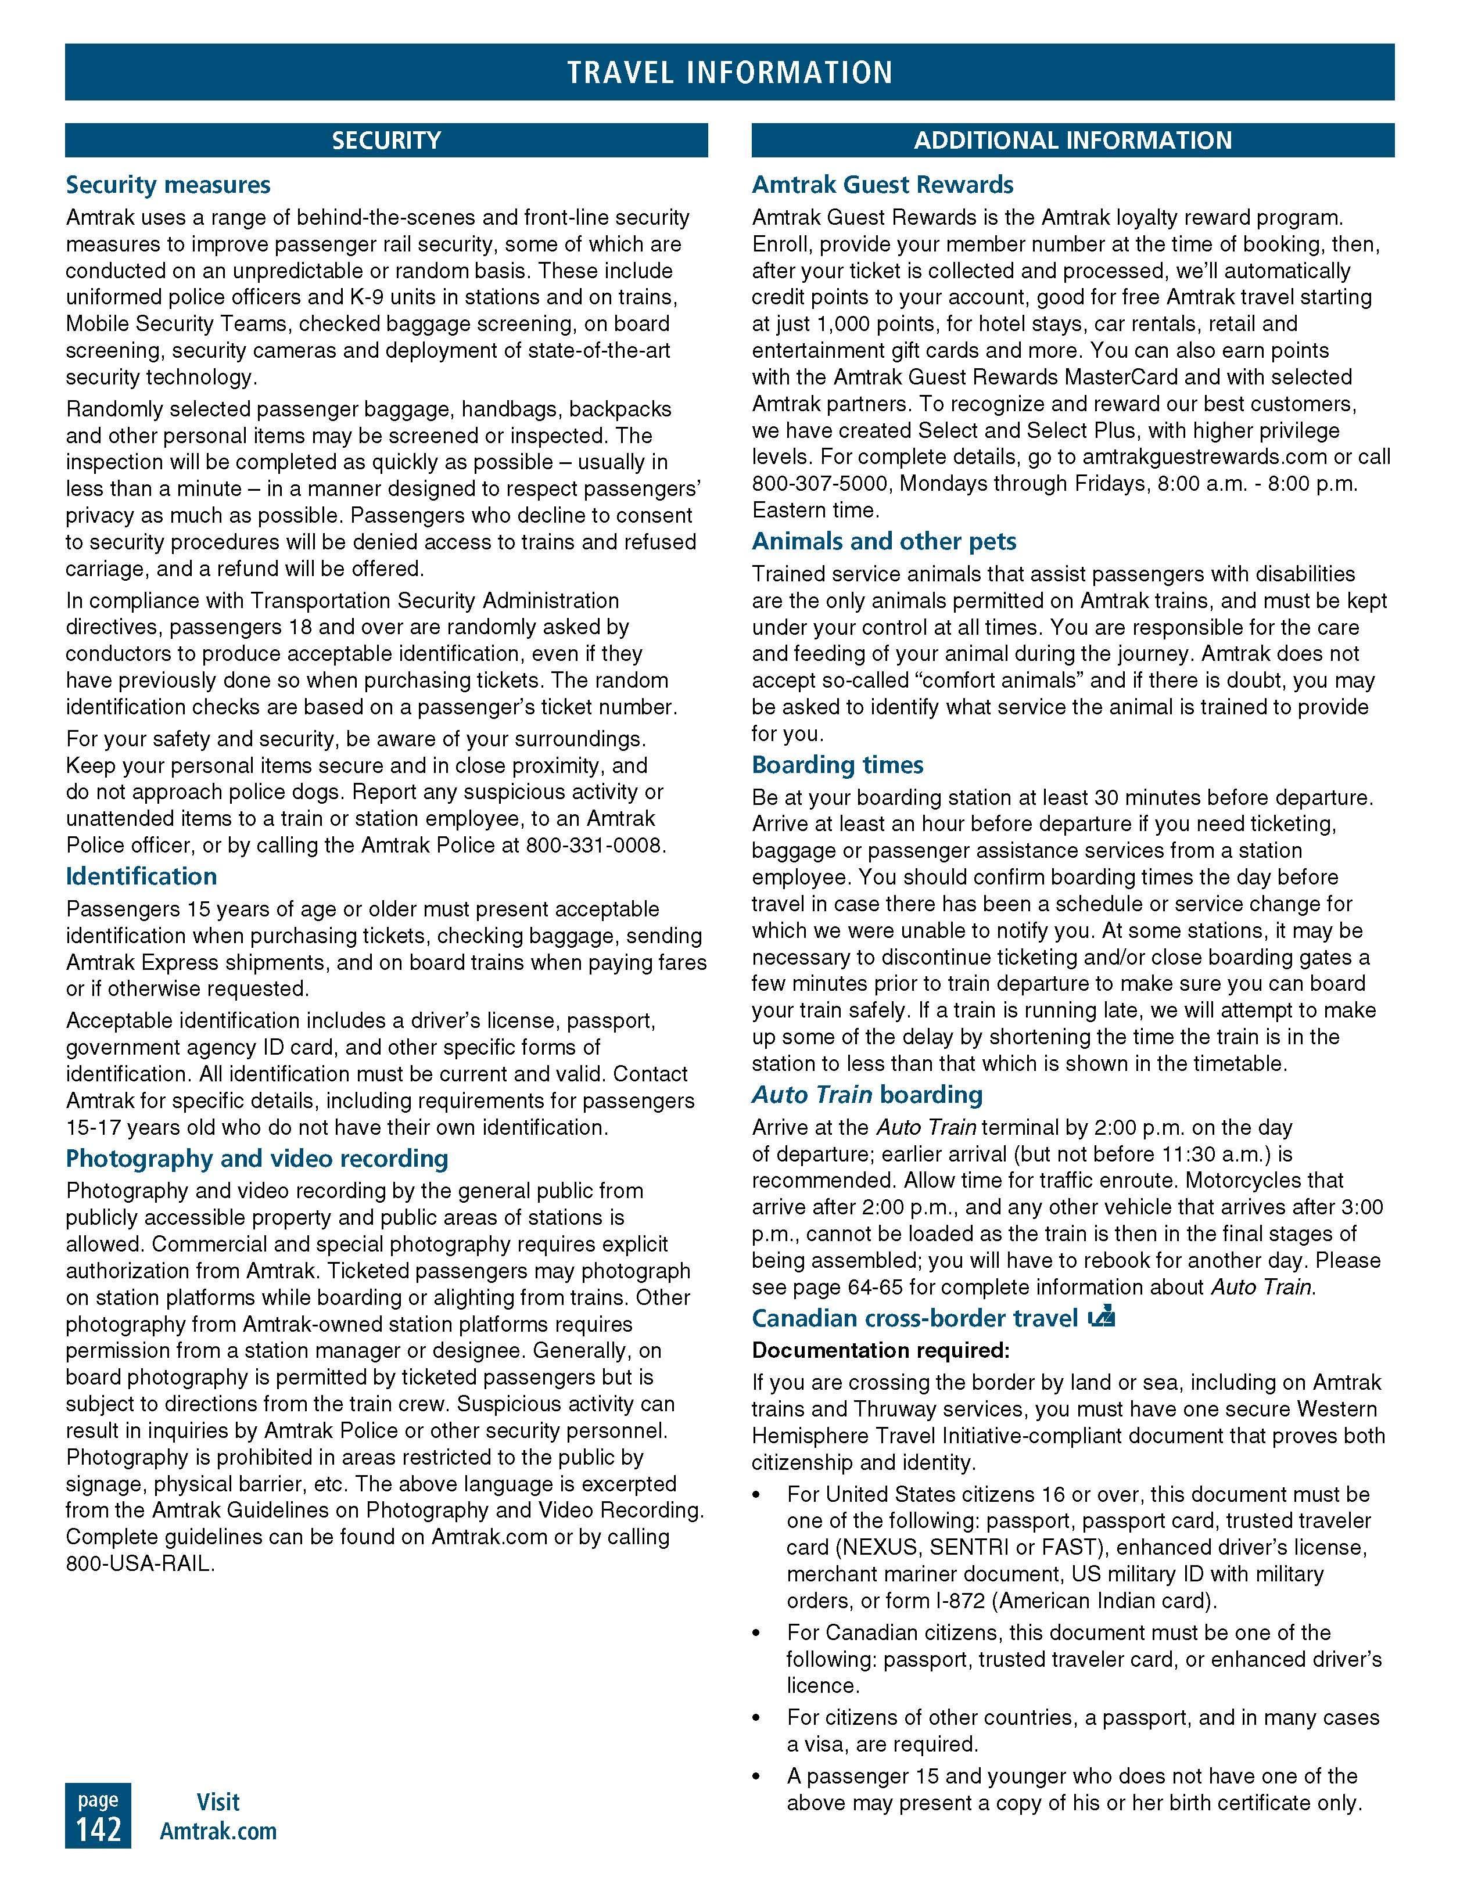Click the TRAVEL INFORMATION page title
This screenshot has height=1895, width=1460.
729,72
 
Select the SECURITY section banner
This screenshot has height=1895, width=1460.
386,141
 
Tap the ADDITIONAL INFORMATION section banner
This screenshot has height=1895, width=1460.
1073,141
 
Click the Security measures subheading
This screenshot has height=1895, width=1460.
168,185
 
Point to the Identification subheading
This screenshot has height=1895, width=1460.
142,876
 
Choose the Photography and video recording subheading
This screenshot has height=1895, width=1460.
257,1159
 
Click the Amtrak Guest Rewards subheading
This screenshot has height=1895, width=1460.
882,185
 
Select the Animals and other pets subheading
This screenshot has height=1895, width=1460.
884,541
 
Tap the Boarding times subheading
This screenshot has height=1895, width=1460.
838,764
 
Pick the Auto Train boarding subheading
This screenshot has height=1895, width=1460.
867,1095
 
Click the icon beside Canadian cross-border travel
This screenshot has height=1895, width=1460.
1102,1317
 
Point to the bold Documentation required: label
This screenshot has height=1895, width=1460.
880,1350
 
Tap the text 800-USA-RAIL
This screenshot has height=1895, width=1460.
139,1563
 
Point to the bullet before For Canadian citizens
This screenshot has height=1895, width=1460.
757,1634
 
